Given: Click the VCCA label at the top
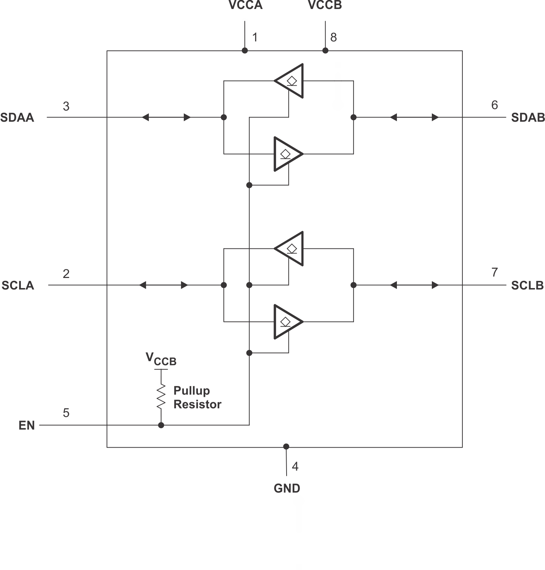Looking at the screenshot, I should click(x=245, y=5).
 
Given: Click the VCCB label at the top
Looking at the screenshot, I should click(x=325, y=5).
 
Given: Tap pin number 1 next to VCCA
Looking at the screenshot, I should click(x=255, y=37).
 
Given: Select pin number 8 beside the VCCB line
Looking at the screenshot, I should click(x=333, y=37).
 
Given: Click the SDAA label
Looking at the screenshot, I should click(x=17, y=118).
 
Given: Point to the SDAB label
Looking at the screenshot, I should click(x=528, y=118).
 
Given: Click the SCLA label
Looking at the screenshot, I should click(x=18, y=286).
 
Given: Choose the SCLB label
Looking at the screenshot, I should click(x=527, y=286).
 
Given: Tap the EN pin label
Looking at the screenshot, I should click(x=27, y=426).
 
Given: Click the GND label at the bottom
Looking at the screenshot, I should click(x=287, y=489).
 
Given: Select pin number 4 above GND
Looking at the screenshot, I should click(x=295, y=467).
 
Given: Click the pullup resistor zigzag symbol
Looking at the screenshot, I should click(x=161, y=396).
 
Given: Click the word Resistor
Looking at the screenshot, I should click(x=197, y=404).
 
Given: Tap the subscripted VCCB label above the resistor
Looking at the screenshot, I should click(x=161, y=359).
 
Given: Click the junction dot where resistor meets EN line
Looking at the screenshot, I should click(x=161, y=425).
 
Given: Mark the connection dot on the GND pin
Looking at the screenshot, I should click(x=286, y=446).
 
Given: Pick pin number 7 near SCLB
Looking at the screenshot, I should click(x=495, y=272).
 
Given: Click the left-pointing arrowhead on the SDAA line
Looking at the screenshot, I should click(x=145, y=117).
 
